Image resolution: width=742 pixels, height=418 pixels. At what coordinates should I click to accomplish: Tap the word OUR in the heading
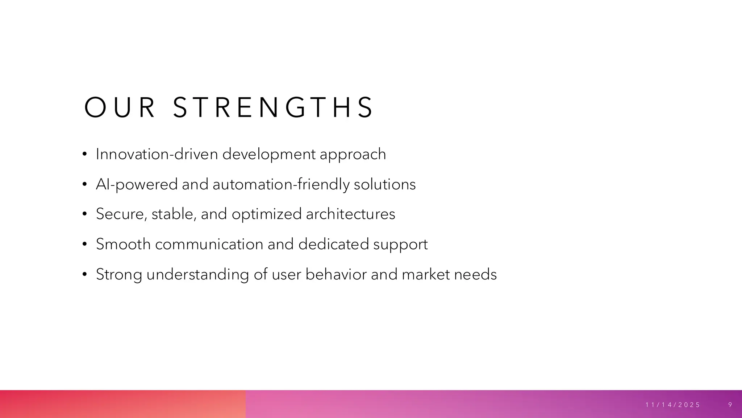(120, 107)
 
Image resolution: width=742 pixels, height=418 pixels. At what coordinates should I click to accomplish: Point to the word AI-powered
(137, 184)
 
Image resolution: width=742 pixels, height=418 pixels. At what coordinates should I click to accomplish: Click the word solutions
(384, 184)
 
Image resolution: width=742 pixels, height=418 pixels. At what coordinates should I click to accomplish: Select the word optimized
(266, 214)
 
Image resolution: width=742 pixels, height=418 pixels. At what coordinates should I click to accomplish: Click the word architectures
(350, 214)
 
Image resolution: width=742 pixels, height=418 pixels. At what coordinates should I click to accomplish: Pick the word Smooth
(123, 244)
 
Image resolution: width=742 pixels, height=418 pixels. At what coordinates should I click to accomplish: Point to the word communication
(209, 244)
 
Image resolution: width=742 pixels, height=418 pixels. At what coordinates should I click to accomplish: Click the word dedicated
(333, 244)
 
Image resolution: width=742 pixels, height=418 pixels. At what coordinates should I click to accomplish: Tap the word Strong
(119, 274)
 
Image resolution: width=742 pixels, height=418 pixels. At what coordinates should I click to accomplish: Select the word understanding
(197, 274)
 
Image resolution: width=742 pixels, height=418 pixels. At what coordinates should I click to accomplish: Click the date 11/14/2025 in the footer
(673, 405)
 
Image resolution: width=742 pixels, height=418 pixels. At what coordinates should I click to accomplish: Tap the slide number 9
(730, 405)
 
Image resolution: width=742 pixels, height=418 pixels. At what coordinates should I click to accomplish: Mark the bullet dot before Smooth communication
(84, 245)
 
